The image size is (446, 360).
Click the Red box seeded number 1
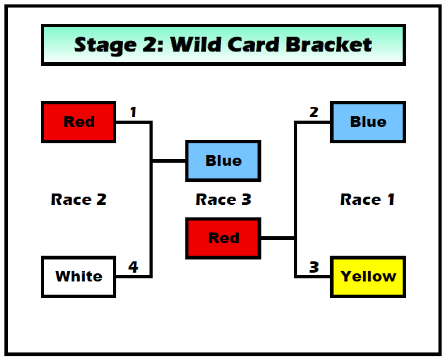point(79,122)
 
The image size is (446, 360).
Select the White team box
point(79,276)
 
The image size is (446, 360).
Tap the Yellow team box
point(367,276)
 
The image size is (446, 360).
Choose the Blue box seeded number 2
point(367,122)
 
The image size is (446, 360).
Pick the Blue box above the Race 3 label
point(223,161)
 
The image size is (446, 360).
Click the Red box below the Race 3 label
point(223,238)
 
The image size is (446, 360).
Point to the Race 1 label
point(367,199)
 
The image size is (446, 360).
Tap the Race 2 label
point(79,199)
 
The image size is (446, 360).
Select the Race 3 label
point(224,199)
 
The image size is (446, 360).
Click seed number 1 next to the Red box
point(133,112)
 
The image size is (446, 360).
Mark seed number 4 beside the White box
point(133,267)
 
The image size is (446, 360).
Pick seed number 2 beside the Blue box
point(313,112)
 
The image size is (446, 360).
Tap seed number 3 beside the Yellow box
point(314,267)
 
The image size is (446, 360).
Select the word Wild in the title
point(196,45)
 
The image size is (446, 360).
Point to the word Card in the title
point(253,45)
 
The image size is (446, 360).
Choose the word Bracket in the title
point(329,45)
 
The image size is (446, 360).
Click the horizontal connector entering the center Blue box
point(169,161)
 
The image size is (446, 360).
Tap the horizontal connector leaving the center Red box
point(278,238)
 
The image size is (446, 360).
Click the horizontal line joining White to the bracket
point(133,276)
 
